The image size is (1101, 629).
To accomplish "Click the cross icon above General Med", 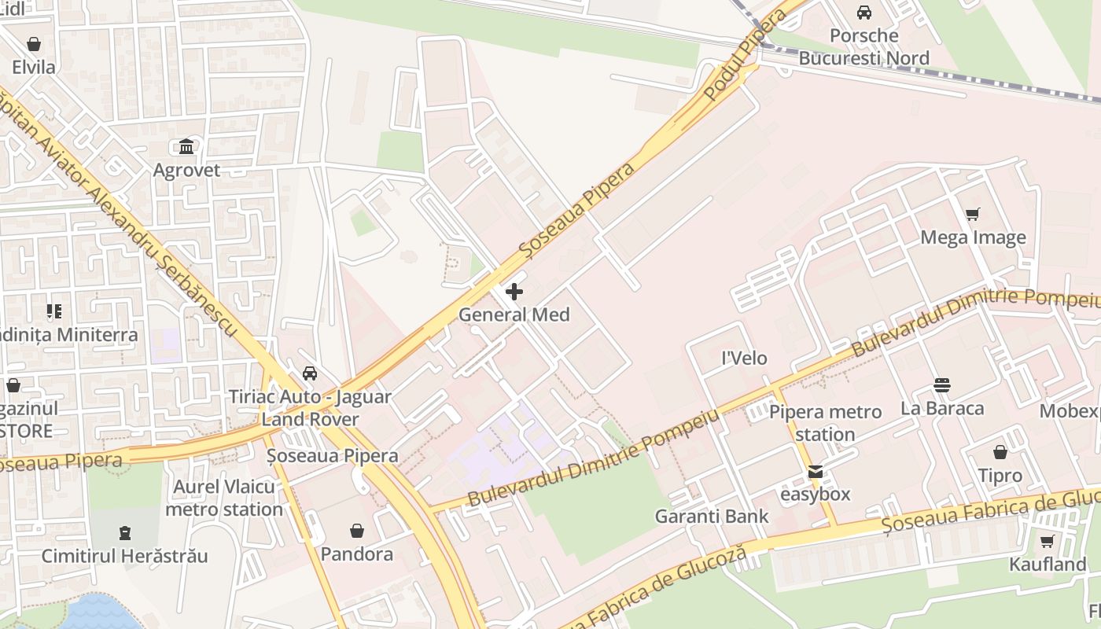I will click(514, 292).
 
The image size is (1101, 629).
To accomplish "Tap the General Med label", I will click(514, 314).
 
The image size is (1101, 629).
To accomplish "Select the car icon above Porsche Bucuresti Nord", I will click(864, 13).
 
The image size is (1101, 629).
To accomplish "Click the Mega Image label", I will click(973, 237).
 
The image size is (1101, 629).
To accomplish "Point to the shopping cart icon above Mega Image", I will click(973, 214).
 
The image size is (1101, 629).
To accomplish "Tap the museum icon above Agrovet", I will click(186, 147).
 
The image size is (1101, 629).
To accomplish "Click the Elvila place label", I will click(34, 67).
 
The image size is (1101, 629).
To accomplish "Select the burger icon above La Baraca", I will click(942, 385).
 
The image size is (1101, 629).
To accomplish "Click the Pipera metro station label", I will click(825, 423).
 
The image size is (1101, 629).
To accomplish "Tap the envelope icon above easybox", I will click(816, 472).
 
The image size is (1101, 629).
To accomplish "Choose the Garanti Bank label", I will click(713, 517).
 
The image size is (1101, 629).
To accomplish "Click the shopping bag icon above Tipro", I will click(1000, 452).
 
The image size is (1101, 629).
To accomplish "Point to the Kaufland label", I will click(1048, 565).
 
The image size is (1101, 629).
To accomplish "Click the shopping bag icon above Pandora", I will click(357, 531).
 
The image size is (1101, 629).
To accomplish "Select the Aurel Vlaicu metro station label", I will click(224, 498).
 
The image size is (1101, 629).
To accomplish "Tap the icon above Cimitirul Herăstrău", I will click(124, 533).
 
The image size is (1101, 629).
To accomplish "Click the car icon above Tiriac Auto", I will click(310, 373).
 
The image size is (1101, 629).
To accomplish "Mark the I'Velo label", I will click(744, 359).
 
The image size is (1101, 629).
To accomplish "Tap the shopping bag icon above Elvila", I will click(34, 44).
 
